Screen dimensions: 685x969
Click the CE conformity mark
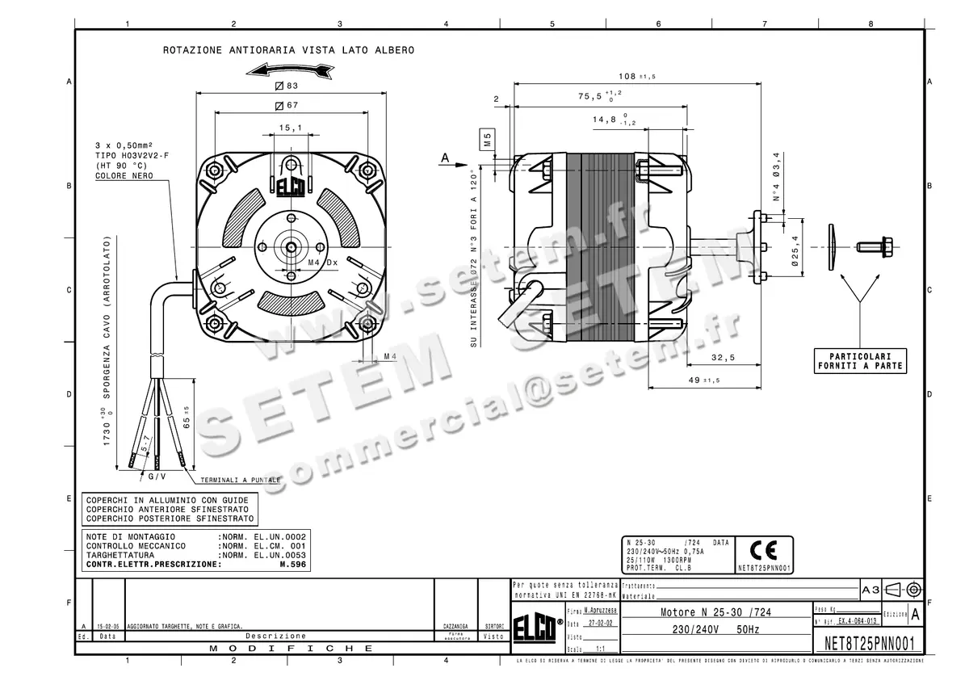tap(763, 551)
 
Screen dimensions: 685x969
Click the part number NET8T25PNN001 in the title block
tap(869, 644)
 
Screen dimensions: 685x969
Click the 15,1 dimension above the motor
tap(290, 128)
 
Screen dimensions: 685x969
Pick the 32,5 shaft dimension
tap(723, 357)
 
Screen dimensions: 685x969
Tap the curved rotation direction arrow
tap(290, 70)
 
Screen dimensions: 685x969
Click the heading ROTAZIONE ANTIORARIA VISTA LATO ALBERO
tap(288, 50)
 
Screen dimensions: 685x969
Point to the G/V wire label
tap(157, 477)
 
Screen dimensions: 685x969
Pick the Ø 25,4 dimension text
tap(795, 250)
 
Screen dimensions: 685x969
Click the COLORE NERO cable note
tap(123, 175)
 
